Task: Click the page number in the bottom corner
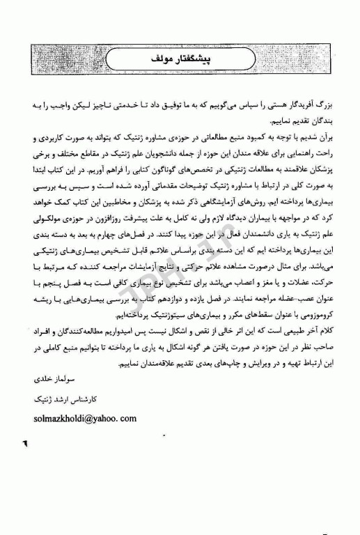(26, 442)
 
